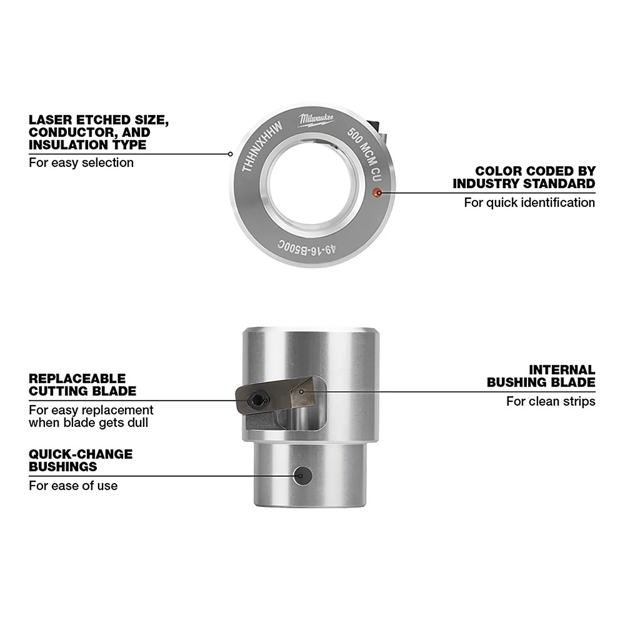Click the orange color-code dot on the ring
(x=377, y=193)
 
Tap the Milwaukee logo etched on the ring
(x=316, y=120)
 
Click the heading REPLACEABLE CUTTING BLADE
(x=82, y=385)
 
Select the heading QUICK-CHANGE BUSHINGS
(x=81, y=460)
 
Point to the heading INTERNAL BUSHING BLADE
(x=541, y=376)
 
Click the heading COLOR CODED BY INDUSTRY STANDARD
(x=524, y=177)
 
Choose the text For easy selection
(x=81, y=162)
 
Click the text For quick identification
(x=529, y=202)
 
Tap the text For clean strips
(x=551, y=401)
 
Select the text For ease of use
(x=73, y=486)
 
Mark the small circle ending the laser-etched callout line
(x=231, y=153)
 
